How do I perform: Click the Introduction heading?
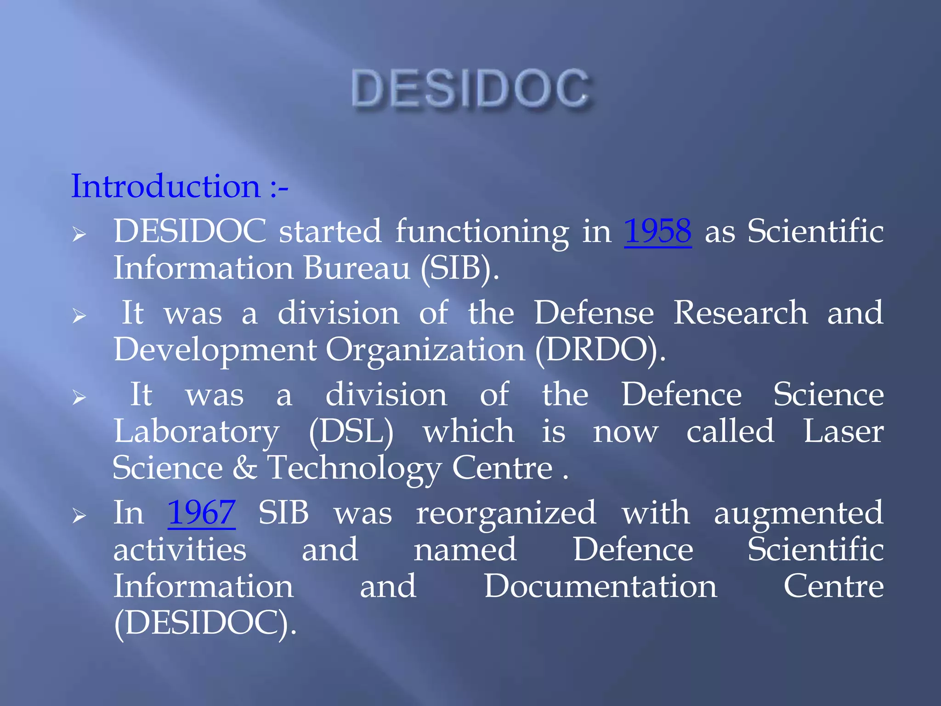[x=179, y=187]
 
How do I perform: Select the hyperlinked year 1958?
[x=658, y=231]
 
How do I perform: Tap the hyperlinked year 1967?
[x=201, y=513]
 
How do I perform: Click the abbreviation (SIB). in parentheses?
[x=459, y=268]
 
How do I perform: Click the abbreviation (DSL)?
[x=351, y=432]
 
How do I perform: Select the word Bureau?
[x=357, y=268]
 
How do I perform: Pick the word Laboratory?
[x=196, y=432]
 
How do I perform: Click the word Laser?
[x=843, y=432]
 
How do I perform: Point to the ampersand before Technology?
[x=244, y=468]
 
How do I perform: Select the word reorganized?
[x=506, y=513]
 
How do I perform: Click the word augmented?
[x=798, y=513]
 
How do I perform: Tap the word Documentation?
[x=600, y=586]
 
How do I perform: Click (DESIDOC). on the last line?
[x=205, y=623]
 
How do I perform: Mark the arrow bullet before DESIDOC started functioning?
[x=79, y=235]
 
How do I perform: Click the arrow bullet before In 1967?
[x=79, y=517]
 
